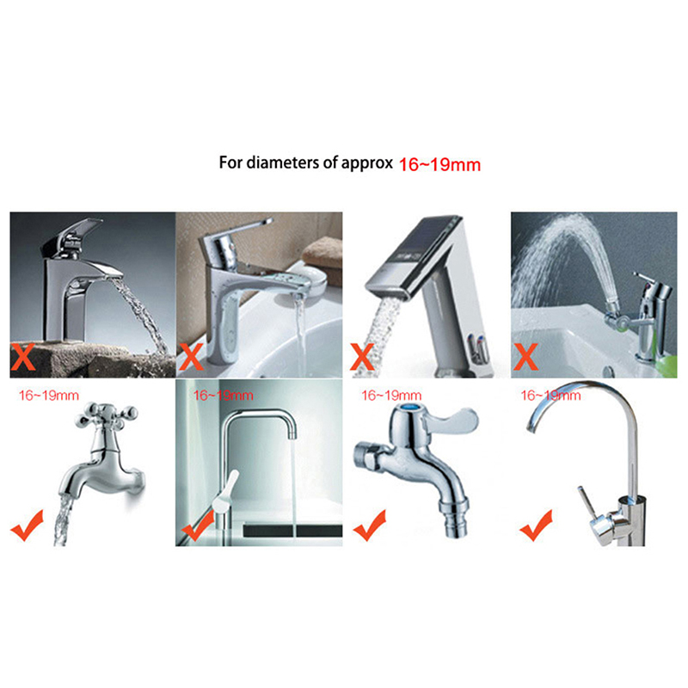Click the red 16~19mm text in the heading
coord(439,164)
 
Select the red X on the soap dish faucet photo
coord(191,357)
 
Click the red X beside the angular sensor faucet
coord(362,357)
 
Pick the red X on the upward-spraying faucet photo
coord(525,357)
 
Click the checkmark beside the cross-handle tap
coord(28,525)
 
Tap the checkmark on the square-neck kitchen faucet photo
coord(198,525)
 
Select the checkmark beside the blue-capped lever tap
coord(370,525)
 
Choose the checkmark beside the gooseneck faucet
coord(536,525)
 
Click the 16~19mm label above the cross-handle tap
coord(49,396)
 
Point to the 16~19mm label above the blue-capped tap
coord(391,396)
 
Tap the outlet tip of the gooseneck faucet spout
coord(531,427)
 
